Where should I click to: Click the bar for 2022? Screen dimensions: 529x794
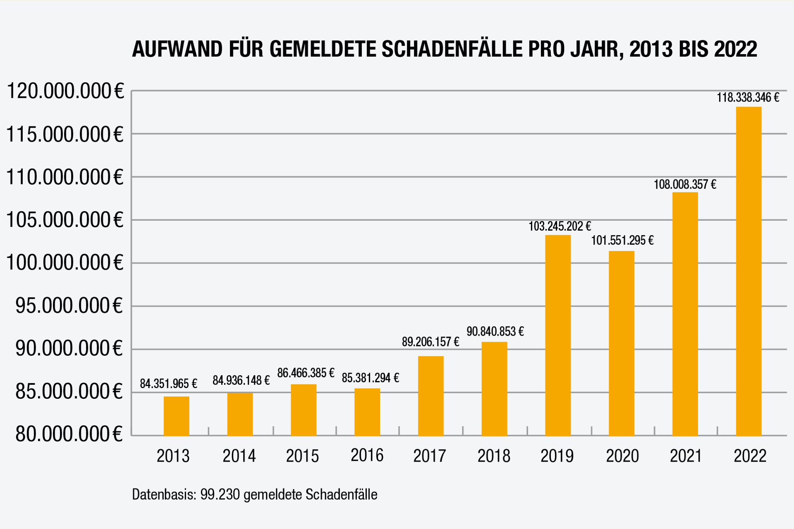[x=749, y=271]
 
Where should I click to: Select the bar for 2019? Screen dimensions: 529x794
[x=558, y=335]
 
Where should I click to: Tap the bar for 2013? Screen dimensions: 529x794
[x=176, y=416]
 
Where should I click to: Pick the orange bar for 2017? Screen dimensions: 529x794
[x=430, y=396]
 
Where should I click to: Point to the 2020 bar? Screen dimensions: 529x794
[x=621, y=343]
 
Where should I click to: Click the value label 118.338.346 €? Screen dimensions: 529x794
[x=748, y=98]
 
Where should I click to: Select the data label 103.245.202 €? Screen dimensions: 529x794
[x=560, y=226]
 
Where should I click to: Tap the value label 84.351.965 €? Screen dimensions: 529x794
[x=168, y=384]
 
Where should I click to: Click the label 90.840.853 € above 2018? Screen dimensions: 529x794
[x=495, y=331]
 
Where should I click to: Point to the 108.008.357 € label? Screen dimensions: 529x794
[x=684, y=184]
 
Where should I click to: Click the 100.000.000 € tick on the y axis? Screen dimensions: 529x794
[x=65, y=262]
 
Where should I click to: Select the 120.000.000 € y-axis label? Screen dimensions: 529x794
[x=65, y=91]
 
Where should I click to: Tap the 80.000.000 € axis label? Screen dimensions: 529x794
[x=69, y=434]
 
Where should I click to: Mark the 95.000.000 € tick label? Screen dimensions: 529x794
[x=69, y=306]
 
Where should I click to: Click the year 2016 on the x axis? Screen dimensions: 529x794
[x=367, y=455]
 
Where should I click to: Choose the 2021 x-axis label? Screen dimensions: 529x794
[x=686, y=456]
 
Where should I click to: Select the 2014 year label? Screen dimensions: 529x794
[x=239, y=456]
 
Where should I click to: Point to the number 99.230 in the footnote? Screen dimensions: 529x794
[x=220, y=494]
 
